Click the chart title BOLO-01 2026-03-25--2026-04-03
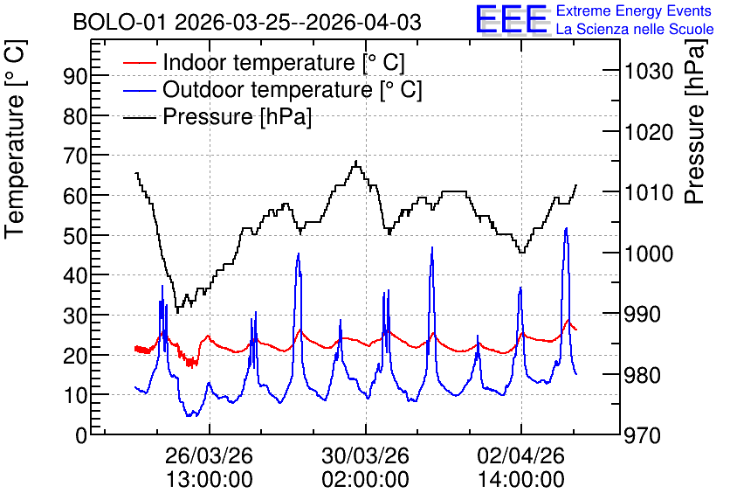click(x=247, y=22)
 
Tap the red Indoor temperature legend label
click(x=284, y=62)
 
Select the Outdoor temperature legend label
click(x=293, y=89)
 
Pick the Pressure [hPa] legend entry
click(x=237, y=116)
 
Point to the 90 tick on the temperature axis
click(x=75, y=76)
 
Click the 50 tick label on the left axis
click(x=75, y=236)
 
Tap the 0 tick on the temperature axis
click(x=81, y=435)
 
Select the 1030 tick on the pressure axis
click(x=649, y=72)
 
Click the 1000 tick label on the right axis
click(x=649, y=254)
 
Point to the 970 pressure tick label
click(x=643, y=436)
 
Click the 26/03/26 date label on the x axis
click(x=209, y=455)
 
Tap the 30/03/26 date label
click(x=366, y=455)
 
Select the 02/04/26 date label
click(x=521, y=455)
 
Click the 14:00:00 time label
click(x=521, y=480)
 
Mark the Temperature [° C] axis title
click(x=15, y=140)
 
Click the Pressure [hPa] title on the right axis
click(x=696, y=122)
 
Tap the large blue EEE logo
click(x=512, y=19)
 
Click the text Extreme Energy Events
click(x=634, y=10)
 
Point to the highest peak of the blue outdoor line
click(x=566, y=228)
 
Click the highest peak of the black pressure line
click(x=356, y=161)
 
